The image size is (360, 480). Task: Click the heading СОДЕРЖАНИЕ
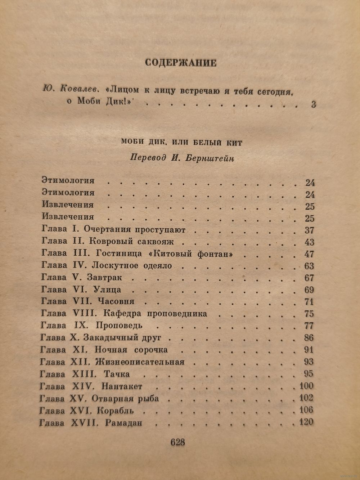tap(180, 63)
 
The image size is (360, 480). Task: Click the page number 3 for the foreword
tap(313, 105)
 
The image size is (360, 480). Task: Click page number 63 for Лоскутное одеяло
tap(309, 266)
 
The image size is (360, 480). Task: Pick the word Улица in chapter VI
tap(107, 290)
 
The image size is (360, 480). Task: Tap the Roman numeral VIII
tap(80, 313)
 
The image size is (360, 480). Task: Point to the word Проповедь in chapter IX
tap(119, 326)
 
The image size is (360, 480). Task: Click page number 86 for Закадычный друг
tap(309, 338)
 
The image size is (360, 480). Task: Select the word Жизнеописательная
tap(140, 362)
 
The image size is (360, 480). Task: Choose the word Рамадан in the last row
tap(124, 422)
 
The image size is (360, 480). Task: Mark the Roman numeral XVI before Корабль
tap(82, 411)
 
